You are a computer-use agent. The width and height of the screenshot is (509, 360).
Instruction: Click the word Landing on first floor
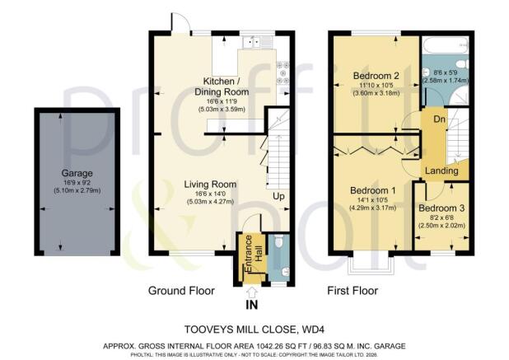click(441, 171)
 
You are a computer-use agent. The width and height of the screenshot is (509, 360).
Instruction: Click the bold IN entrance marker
click(251, 304)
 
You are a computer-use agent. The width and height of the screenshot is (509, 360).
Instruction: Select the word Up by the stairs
click(279, 198)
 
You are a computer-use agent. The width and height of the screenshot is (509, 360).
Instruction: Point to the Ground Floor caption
click(181, 291)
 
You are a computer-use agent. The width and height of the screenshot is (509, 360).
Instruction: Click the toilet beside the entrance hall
click(278, 244)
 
